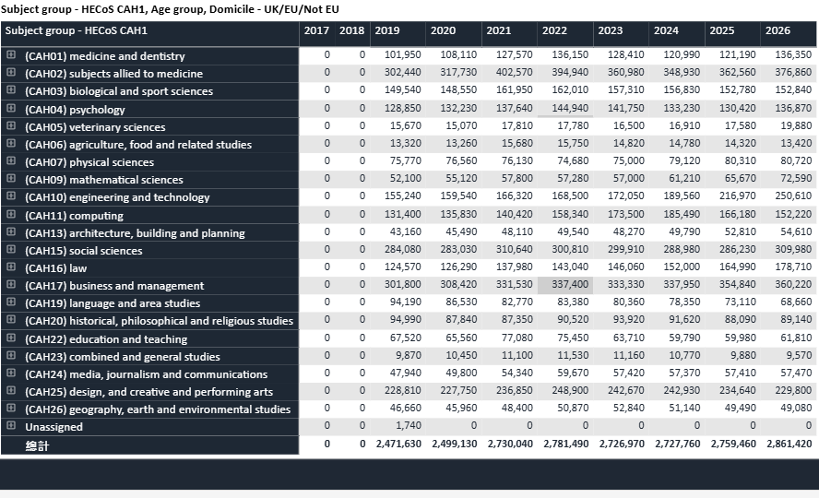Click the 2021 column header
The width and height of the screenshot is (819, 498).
tap(498, 30)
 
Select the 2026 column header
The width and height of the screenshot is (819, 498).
tap(777, 30)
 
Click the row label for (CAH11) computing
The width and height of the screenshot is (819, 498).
tap(74, 216)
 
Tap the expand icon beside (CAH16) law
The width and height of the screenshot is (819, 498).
tap(11, 267)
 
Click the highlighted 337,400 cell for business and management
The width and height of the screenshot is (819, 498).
tap(564, 286)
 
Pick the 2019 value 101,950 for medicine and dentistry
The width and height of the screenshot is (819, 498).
tap(402, 56)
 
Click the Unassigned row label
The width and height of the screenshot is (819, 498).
tap(53, 427)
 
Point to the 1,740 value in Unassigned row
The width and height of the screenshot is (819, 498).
tap(408, 427)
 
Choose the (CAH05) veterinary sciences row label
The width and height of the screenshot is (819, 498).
tap(95, 127)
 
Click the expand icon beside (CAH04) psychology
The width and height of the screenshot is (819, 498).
tap(11, 109)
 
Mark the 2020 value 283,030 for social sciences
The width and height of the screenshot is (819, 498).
tap(458, 251)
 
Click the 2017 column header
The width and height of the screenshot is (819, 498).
tap(316, 30)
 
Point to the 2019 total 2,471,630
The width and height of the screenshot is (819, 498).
tap(398, 445)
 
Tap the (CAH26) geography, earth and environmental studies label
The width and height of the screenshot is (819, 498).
tap(158, 409)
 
